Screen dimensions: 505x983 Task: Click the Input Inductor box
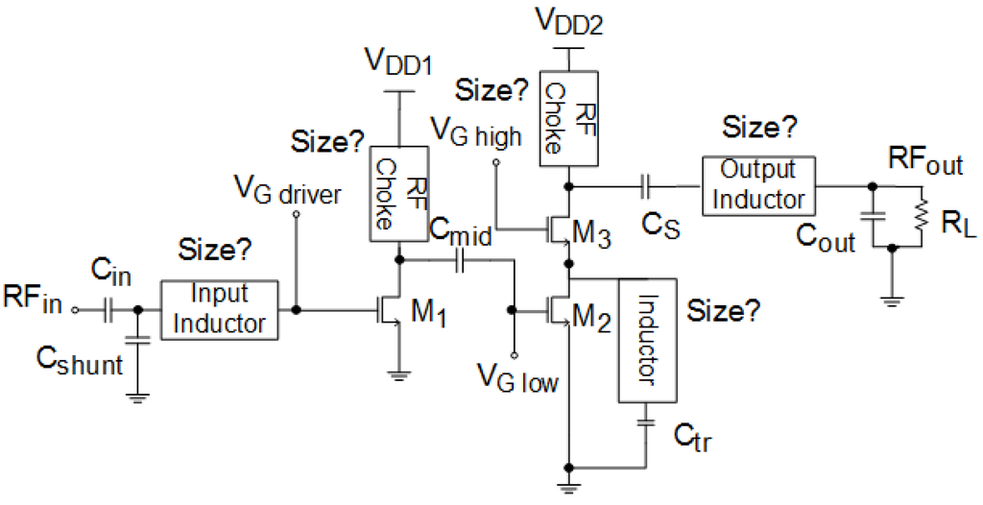click(219, 309)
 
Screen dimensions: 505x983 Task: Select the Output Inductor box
click(759, 184)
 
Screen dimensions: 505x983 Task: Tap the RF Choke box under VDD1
click(397, 194)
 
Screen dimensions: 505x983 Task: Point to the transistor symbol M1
click(389, 310)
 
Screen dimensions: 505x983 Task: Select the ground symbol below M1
click(397, 376)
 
